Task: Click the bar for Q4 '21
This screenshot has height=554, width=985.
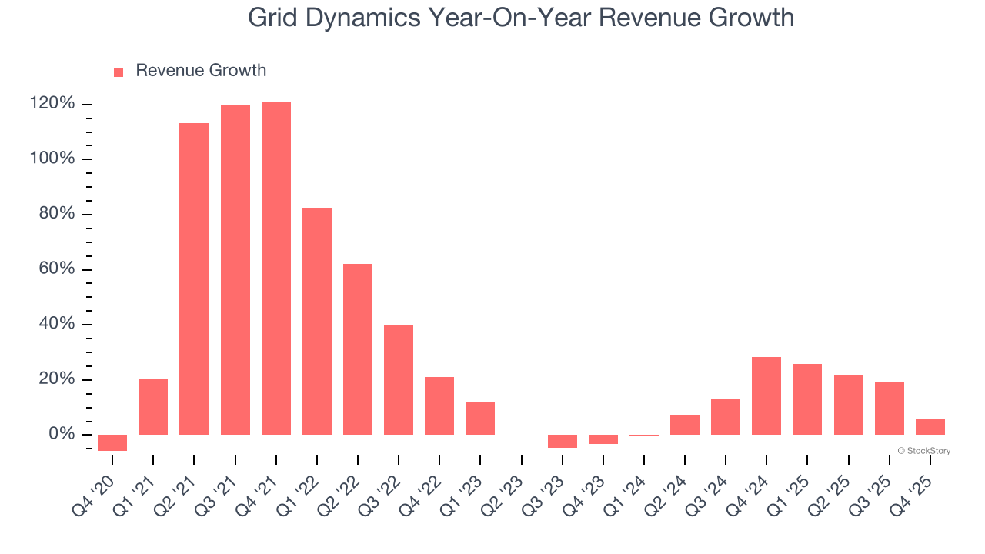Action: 276,269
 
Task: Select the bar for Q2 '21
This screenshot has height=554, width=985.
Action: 194,279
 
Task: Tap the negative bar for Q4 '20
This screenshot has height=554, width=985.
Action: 112,442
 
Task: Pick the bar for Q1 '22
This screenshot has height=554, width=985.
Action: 317,321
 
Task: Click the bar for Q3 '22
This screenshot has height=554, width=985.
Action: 399,379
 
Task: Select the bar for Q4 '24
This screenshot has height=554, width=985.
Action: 766,395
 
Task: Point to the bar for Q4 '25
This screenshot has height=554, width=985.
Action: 930,426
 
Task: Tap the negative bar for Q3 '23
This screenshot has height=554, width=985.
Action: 563,441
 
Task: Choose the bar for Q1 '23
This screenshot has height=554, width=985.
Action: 480,418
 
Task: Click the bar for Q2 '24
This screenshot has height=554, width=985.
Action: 685,425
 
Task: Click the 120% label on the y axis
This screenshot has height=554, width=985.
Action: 52,104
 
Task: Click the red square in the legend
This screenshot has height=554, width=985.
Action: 119,72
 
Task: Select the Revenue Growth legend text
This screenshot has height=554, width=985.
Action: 201,71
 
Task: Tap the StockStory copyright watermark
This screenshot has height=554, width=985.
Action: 923,451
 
